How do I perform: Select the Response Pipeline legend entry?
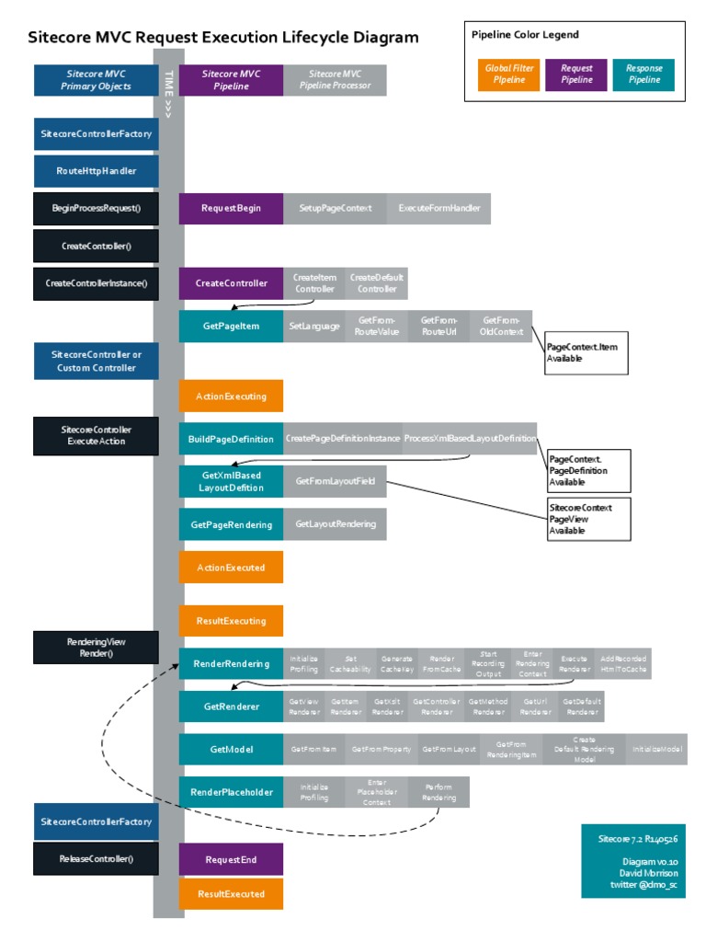(x=643, y=75)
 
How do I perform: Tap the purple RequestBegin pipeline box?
(x=231, y=208)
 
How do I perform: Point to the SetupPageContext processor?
(x=336, y=208)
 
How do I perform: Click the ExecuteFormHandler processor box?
(x=439, y=208)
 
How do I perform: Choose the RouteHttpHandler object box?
(x=97, y=171)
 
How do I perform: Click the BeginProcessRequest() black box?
(x=97, y=208)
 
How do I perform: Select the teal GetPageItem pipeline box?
(x=231, y=326)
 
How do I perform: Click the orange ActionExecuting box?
(x=231, y=396)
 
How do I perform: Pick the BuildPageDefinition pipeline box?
(x=231, y=438)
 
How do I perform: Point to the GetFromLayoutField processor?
(x=336, y=481)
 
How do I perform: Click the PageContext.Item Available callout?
(x=586, y=352)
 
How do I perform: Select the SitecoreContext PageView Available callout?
(x=590, y=519)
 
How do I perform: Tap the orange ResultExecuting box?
(x=231, y=621)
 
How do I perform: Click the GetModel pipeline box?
(x=231, y=749)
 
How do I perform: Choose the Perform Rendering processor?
(x=438, y=792)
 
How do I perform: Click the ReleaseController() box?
(x=97, y=858)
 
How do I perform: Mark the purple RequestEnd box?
(x=231, y=859)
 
